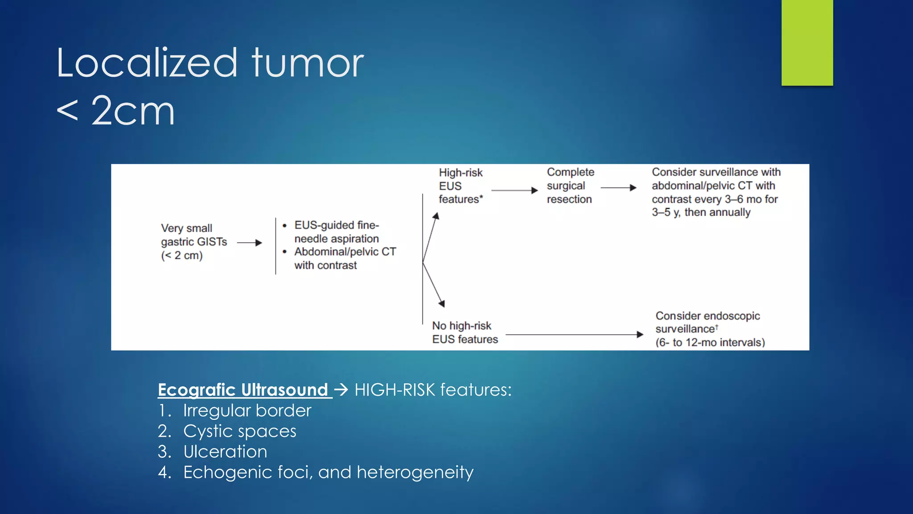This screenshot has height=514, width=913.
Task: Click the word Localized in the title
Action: coord(147,63)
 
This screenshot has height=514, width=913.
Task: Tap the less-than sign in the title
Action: coord(68,111)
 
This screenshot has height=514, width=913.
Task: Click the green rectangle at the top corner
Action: coord(807,42)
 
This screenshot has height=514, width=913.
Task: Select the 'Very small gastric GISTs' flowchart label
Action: coord(193,241)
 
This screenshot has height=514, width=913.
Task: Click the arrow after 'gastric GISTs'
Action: coord(250,243)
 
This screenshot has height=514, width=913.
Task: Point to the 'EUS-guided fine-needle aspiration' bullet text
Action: coord(337,232)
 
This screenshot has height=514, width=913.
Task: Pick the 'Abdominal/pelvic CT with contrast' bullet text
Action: coord(345,258)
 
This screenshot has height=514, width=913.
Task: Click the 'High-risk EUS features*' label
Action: coord(461,186)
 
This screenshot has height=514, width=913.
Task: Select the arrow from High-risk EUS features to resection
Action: coord(514,191)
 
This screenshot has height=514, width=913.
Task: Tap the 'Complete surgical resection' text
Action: coord(570,186)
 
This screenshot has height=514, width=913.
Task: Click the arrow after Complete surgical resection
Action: coord(618,188)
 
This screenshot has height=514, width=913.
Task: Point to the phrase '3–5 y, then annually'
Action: coord(701,212)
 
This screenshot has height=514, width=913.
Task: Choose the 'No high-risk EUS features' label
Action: coord(465,332)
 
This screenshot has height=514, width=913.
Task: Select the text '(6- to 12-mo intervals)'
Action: coord(710,343)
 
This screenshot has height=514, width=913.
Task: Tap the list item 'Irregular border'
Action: coord(247,410)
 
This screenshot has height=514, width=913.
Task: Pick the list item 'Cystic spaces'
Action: coord(239,431)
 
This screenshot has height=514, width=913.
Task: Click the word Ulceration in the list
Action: coord(225,452)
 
